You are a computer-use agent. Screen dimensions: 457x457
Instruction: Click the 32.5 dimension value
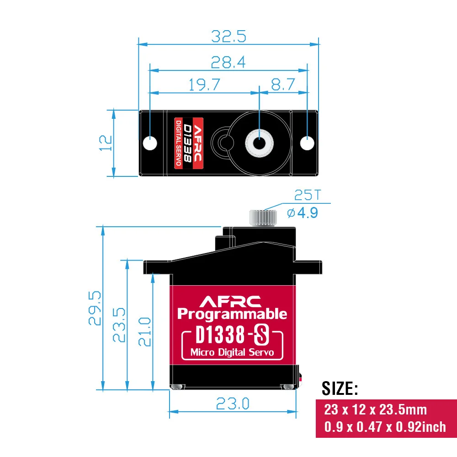click(x=228, y=36)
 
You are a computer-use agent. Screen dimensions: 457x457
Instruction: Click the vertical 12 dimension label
click(x=106, y=143)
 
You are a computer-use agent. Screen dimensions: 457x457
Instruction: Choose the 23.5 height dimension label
click(x=118, y=325)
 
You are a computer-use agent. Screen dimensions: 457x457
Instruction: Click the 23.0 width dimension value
click(x=233, y=404)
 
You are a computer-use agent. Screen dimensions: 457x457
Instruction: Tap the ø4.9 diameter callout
click(x=302, y=213)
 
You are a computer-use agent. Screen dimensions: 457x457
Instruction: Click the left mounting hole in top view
click(x=149, y=143)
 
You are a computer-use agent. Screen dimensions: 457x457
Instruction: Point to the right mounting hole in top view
click(x=308, y=143)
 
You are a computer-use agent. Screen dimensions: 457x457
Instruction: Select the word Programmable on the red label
click(x=232, y=314)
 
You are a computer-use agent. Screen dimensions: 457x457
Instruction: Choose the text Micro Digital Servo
click(x=232, y=352)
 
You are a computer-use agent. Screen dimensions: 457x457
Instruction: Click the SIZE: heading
click(x=340, y=388)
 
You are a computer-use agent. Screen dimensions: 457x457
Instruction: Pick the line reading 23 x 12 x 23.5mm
click(x=376, y=409)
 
